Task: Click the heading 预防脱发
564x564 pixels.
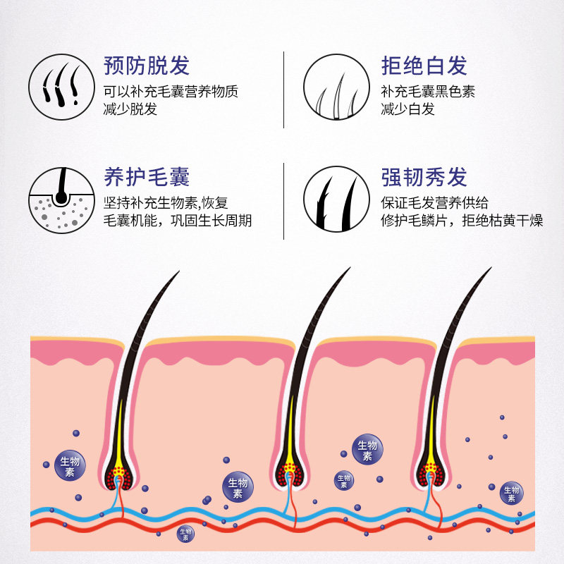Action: pos(147,66)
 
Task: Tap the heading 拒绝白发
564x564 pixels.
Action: pos(424,66)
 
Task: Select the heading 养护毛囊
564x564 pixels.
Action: pos(147,177)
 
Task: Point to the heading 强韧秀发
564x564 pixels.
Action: pos(424,177)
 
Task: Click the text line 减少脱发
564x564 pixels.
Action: pos(130,109)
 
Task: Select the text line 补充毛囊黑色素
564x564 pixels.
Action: pos(428,92)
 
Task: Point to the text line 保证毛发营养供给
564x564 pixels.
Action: pos(434,203)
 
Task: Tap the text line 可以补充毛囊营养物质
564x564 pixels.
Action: pos(171,92)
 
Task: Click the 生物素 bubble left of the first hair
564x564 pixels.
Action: pos(70,465)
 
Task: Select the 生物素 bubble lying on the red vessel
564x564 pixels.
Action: pos(185,534)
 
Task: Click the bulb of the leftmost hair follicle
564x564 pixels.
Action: pos(119,477)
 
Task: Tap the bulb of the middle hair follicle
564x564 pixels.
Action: pos(290,474)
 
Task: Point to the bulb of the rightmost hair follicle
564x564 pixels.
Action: pos(431,474)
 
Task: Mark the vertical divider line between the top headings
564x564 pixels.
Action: pos(284,90)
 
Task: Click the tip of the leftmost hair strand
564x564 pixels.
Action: pos(179,271)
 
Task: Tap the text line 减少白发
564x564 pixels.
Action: pos(408,109)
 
